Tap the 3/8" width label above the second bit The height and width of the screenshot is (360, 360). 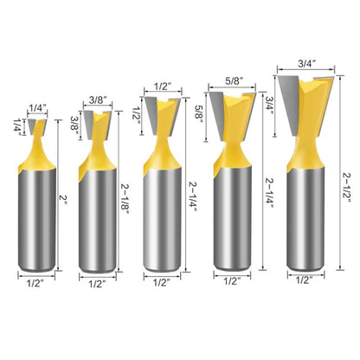click(x=97, y=100)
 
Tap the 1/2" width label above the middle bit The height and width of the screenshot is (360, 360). click(x=162, y=87)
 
